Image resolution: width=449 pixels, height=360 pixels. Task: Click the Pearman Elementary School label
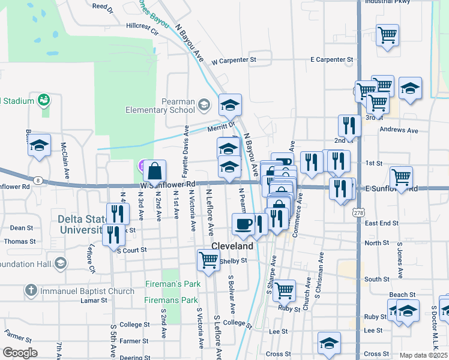pyautogui.click(x=160, y=106)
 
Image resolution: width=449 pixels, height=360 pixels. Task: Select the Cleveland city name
pyautogui.click(x=232, y=247)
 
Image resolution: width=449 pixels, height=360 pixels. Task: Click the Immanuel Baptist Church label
pyautogui.click(x=87, y=292)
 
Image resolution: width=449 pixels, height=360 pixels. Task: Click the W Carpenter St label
pyautogui.click(x=234, y=61)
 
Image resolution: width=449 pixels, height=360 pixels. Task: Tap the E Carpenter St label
pyautogui.click(x=331, y=60)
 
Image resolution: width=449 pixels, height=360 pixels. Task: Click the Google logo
pyautogui.click(x=20, y=353)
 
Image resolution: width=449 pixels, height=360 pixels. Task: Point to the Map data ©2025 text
pyautogui.click(x=424, y=355)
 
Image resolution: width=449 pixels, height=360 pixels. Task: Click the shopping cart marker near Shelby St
pyautogui.click(x=208, y=260)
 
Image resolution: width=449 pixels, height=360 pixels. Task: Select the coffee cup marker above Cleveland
pyautogui.click(x=243, y=224)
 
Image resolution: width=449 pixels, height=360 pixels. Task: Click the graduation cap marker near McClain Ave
pyautogui.click(x=40, y=146)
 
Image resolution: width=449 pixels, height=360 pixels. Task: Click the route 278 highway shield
pyautogui.click(x=359, y=213)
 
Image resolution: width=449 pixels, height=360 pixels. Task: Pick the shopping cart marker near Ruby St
pyautogui.click(x=285, y=290)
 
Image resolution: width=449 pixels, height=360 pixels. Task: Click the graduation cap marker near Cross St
pyautogui.click(x=329, y=343)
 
